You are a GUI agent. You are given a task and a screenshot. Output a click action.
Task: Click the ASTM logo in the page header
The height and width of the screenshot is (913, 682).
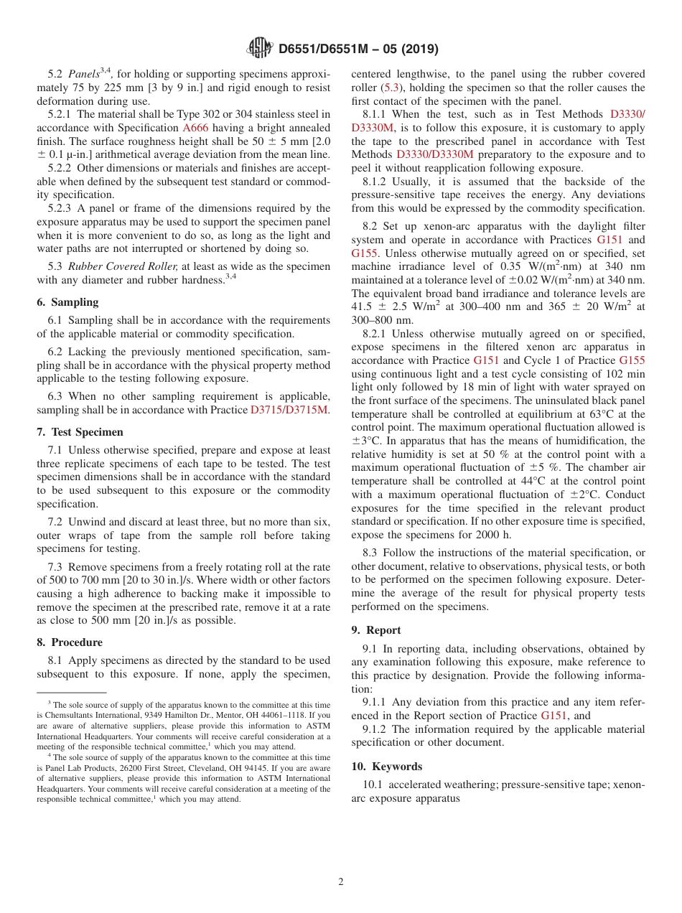point(259,49)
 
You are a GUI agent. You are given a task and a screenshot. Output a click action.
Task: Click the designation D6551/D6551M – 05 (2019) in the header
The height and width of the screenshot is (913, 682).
point(358,50)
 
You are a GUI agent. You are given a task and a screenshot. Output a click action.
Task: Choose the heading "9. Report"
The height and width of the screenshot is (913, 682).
point(376,630)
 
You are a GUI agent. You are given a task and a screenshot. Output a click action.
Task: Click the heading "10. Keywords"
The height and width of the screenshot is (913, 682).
point(387,767)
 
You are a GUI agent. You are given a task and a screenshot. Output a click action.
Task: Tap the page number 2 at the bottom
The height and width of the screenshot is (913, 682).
point(341,882)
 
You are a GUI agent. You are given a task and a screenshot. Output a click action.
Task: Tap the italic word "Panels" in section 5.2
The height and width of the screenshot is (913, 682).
point(83,75)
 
